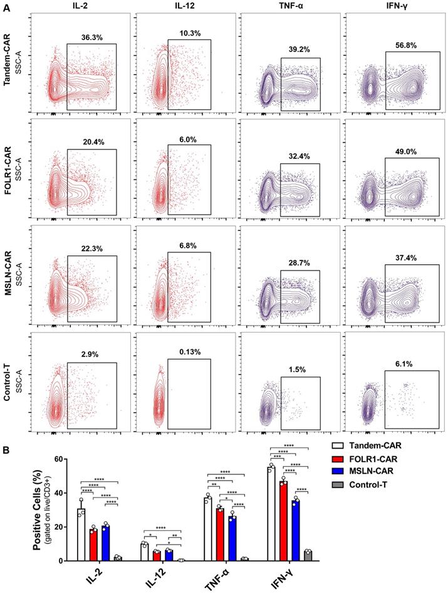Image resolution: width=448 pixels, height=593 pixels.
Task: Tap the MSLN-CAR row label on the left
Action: pos(8,270)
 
